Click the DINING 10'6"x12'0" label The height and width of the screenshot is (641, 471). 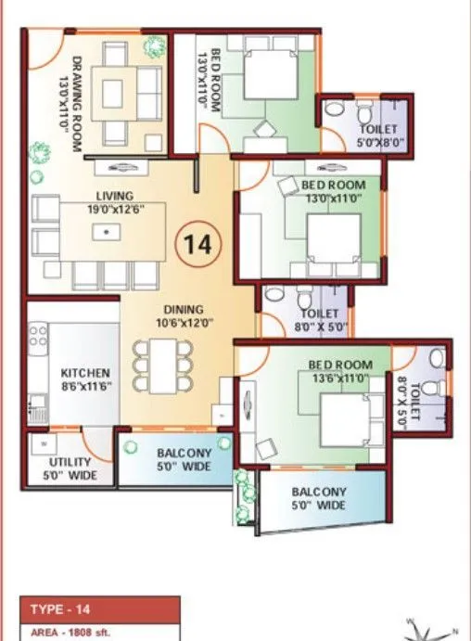click(x=185, y=317)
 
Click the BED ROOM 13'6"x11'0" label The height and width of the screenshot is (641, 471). click(x=340, y=372)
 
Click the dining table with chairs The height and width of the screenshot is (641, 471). click(x=163, y=364)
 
